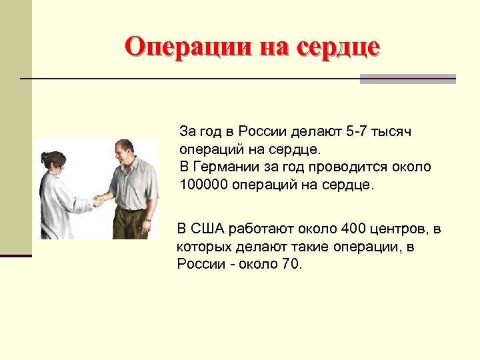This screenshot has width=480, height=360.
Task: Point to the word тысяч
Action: [394, 131]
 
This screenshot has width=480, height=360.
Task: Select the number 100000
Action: [204, 184]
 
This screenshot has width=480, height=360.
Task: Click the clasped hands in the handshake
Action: [99, 199]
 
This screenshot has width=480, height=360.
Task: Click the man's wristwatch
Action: [147, 219]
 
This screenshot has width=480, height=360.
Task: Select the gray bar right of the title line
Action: [407, 79]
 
